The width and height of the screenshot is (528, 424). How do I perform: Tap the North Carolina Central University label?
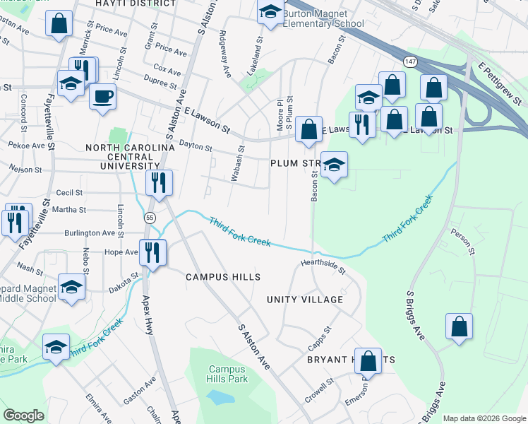[130, 156]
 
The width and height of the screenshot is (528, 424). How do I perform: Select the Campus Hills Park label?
[227, 374]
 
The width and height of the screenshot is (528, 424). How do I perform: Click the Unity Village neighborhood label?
[305, 300]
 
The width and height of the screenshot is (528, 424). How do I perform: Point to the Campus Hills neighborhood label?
[223, 277]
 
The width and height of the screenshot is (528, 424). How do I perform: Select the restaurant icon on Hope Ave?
[152, 252]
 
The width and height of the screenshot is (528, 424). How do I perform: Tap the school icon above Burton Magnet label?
[270, 13]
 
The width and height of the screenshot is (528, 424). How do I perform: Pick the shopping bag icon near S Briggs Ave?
[459, 326]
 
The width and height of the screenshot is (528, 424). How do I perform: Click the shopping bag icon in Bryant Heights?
[368, 360]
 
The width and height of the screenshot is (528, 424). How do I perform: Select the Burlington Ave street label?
[90, 232]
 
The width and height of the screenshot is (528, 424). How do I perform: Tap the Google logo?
[24, 416]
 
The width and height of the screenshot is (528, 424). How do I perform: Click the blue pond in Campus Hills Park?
[223, 397]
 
